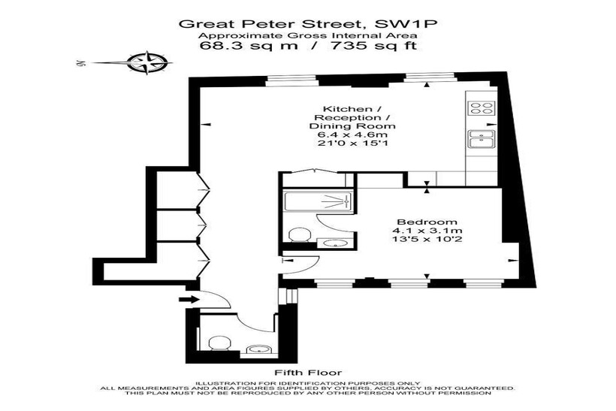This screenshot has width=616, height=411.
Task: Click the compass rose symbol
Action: pos(149,62)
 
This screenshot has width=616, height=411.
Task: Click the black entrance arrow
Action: pos(189,299)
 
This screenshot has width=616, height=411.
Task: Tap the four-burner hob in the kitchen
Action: pos(482,108)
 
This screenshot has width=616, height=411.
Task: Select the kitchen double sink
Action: pos(482,139)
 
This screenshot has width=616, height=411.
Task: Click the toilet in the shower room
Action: pos(300,234)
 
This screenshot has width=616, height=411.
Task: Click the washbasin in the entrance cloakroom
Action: pos(259,349)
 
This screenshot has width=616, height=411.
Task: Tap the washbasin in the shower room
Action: pos(332,243)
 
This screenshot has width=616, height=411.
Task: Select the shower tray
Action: pos(319,202)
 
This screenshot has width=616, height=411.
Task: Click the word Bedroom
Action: pos(427,222)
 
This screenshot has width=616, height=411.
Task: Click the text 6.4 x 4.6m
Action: pos(352,134)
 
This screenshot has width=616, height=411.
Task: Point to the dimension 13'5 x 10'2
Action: pos(427,239)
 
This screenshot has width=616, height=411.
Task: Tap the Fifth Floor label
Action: pos(308,373)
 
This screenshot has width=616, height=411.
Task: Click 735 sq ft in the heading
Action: pos(374,46)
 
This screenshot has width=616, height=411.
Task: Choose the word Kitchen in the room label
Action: pos(341,109)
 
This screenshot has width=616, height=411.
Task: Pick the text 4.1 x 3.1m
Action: pos(427,231)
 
